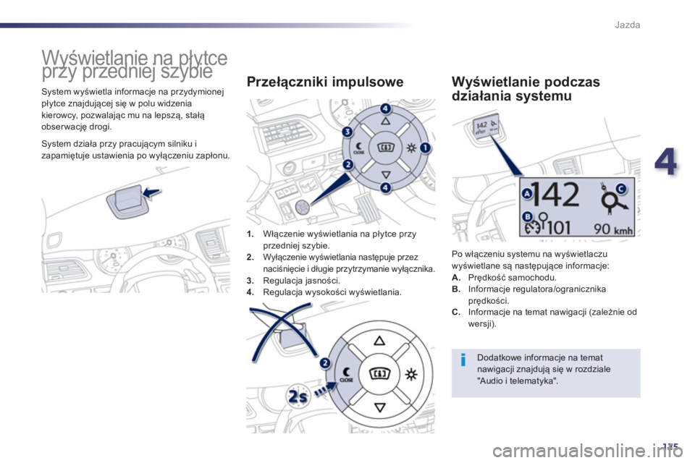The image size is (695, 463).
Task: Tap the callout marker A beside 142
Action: tap(527, 194)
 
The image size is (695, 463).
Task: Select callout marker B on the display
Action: tap(527, 217)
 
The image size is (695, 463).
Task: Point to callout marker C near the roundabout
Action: tap(621, 189)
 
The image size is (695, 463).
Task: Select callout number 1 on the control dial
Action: tap(424, 148)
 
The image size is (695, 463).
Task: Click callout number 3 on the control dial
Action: tap(347, 132)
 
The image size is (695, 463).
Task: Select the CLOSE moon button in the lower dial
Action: tap(345, 373)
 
